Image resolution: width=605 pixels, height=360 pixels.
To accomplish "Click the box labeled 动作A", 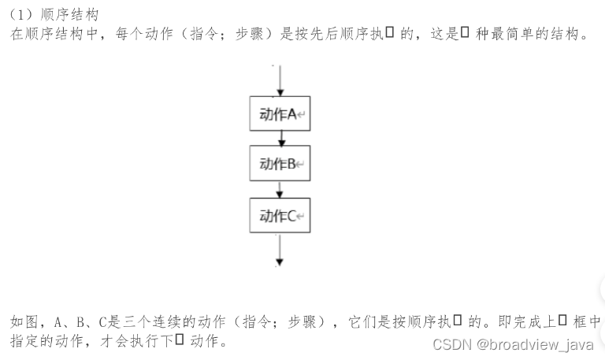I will [x=280, y=114].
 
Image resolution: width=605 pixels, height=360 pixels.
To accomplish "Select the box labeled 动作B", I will [x=280, y=164].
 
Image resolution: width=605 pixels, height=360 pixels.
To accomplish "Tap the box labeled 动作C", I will [x=280, y=215].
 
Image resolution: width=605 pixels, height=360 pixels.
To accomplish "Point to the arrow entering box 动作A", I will [x=280, y=81].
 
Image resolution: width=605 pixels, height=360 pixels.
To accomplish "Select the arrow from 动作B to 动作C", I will [x=280, y=190].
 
